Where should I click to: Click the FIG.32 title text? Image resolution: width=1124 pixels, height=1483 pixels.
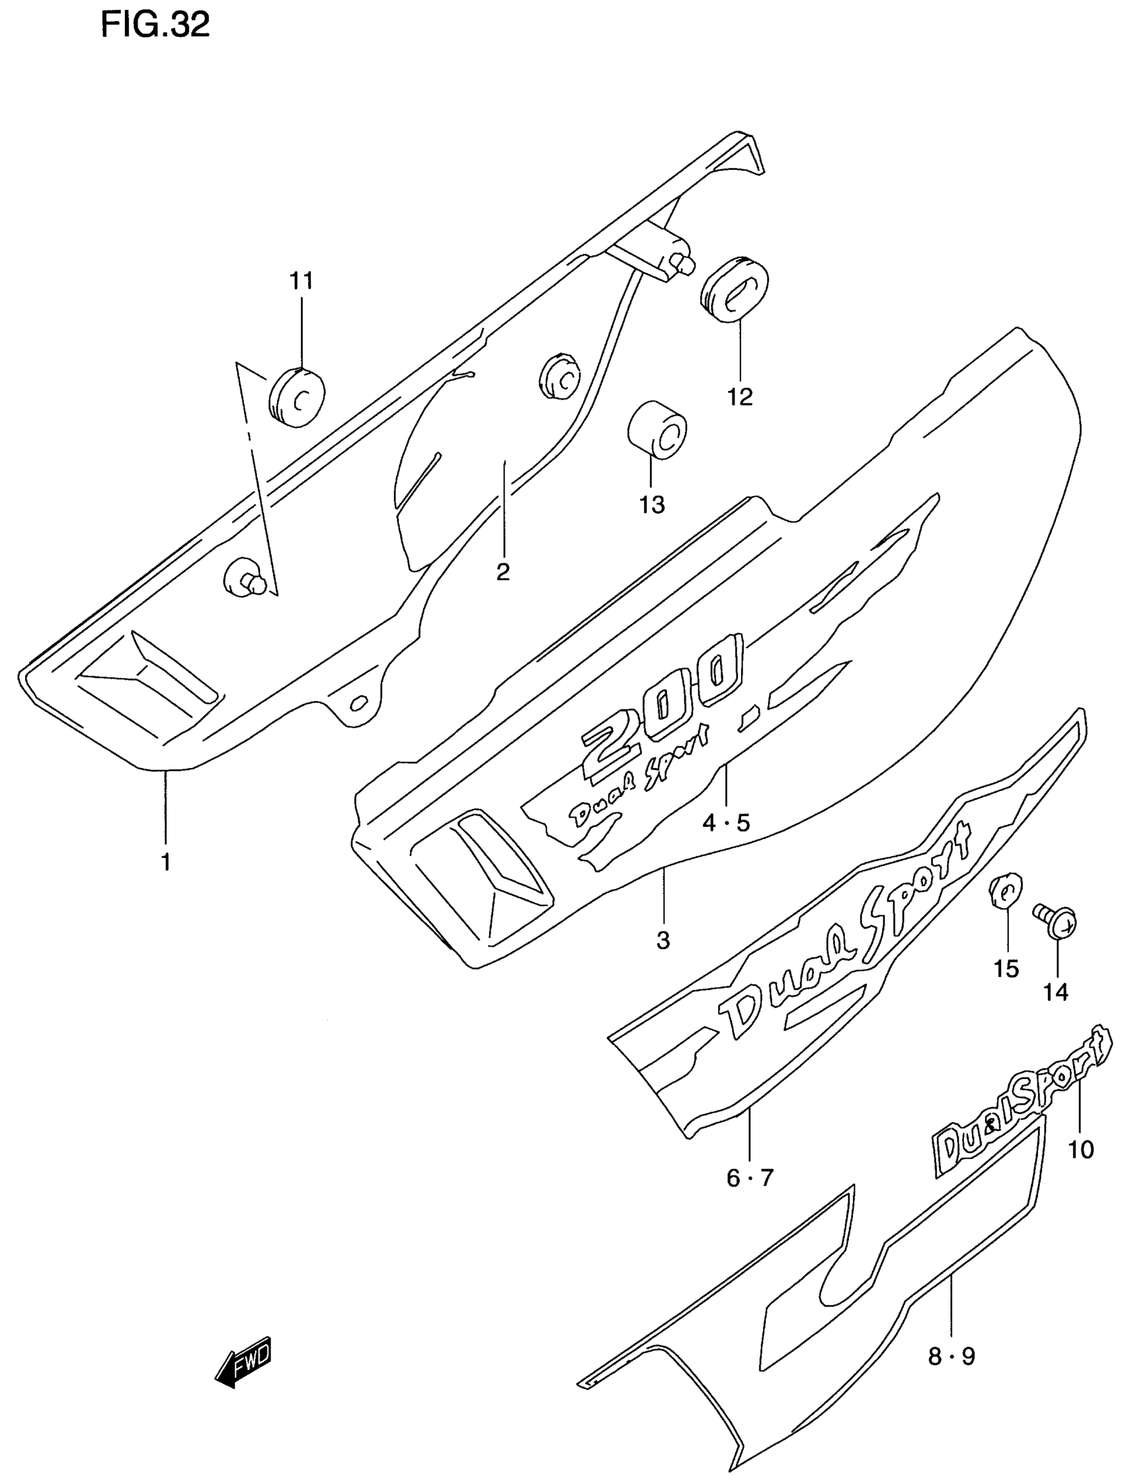tap(155, 26)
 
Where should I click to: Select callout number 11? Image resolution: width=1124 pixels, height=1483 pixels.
tap(301, 280)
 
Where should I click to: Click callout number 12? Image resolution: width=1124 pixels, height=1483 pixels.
tap(741, 397)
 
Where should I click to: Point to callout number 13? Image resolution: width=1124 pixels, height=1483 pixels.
tap(651, 504)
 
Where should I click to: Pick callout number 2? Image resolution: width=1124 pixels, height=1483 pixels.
tap(502, 572)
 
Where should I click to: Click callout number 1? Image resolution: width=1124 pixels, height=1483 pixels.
tap(165, 862)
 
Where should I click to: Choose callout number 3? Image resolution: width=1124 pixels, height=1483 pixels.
tap(663, 941)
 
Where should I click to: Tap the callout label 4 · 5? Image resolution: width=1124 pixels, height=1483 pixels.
tap(726, 823)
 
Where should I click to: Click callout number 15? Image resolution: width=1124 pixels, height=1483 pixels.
tap(1007, 969)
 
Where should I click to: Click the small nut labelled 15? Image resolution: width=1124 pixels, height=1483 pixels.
tap(1005, 890)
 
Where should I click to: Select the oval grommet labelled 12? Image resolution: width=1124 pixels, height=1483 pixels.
tap(735, 289)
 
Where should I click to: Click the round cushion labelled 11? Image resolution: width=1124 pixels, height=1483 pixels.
tap(297, 396)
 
